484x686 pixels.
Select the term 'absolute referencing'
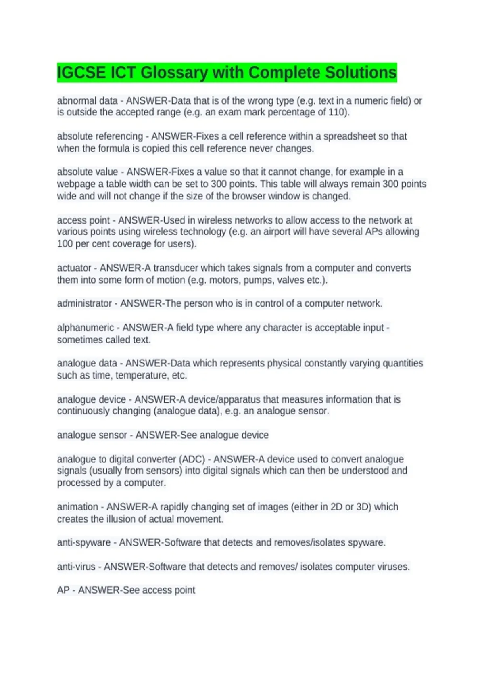[x=100, y=136]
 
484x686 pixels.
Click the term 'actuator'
[x=74, y=268]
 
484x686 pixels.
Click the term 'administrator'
[x=84, y=303]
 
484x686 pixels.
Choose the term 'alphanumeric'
[x=86, y=328]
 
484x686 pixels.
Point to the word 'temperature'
[x=142, y=375]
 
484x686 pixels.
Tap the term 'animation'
[x=77, y=507]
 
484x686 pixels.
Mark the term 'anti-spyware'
[x=84, y=542]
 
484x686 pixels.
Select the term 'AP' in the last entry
[x=63, y=590]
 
